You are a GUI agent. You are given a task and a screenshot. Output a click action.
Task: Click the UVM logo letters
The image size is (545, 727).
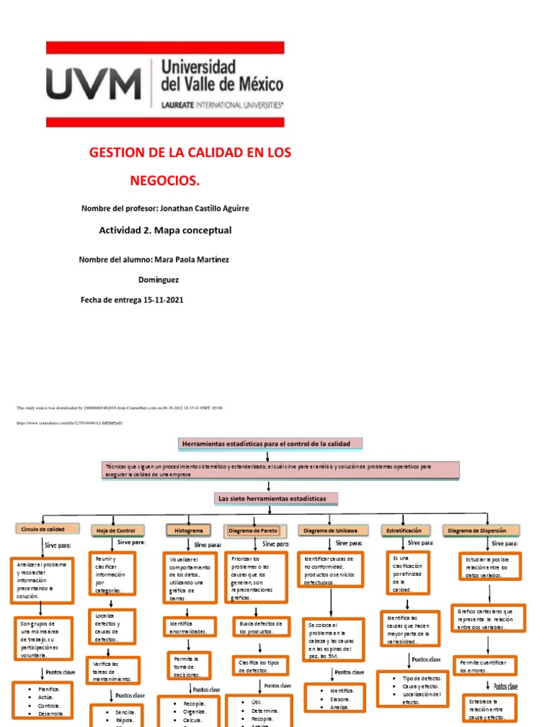94,84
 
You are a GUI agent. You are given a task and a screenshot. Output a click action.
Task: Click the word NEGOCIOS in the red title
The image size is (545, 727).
165,181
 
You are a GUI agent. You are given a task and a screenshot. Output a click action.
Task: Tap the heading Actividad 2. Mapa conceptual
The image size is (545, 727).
165,230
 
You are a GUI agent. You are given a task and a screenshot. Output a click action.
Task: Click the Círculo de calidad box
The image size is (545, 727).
43,529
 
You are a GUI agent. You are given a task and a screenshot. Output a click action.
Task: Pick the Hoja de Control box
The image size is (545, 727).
116,530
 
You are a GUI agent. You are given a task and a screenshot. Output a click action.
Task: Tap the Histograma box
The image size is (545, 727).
189,530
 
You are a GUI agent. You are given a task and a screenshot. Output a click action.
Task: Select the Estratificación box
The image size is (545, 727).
404,530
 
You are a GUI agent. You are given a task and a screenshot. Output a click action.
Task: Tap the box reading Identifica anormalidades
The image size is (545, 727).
188,627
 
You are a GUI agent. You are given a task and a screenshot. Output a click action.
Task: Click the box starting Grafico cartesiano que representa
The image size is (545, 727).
490,618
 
